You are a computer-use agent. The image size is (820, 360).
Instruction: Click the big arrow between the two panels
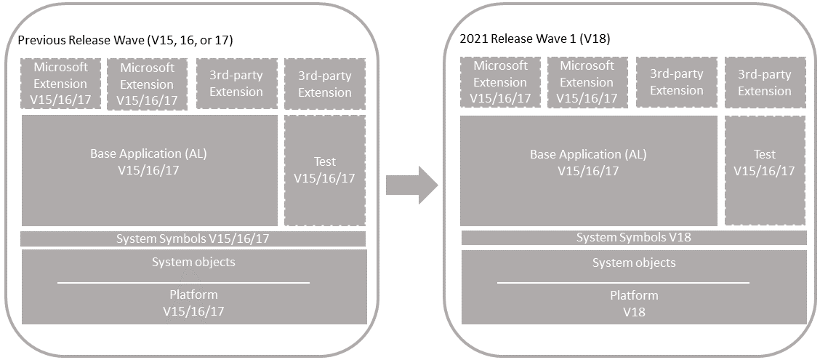coord(411,185)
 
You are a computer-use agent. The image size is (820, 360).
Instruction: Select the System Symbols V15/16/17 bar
coord(193,239)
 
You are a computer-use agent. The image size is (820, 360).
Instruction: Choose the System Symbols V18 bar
coord(634,238)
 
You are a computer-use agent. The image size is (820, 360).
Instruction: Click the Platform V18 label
coord(634,304)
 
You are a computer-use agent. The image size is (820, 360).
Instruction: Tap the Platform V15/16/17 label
coord(193,303)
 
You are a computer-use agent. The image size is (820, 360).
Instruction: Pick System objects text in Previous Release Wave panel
coord(193,262)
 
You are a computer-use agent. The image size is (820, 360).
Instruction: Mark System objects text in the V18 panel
coord(634,263)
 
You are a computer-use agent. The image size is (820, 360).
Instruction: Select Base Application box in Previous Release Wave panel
coord(150,171)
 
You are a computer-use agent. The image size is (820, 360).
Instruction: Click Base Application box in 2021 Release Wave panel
coord(589,171)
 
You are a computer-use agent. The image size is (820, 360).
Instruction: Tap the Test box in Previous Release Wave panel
coord(325,171)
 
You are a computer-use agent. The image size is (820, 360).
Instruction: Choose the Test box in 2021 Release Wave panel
coord(765,171)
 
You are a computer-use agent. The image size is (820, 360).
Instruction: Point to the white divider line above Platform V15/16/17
coord(184,283)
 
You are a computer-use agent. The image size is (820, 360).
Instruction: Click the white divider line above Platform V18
coord(624,283)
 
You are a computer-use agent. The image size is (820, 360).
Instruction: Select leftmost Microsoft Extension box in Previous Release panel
coord(60,84)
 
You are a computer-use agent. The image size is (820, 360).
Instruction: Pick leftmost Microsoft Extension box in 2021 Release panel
coord(500,82)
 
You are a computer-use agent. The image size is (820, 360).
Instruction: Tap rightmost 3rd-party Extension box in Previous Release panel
coord(325,84)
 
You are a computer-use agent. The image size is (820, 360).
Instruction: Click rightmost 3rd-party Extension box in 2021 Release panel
coord(765,82)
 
